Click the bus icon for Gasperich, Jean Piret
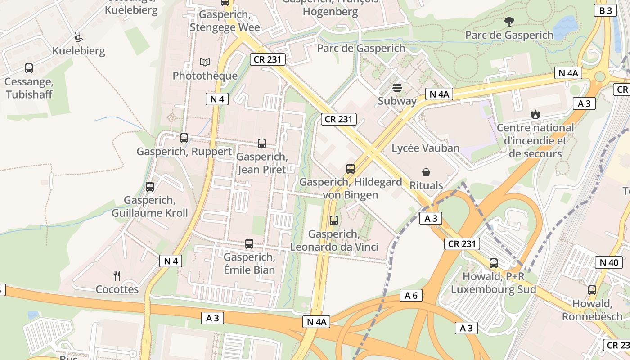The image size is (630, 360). pos(262,144)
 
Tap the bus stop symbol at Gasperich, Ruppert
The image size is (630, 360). pos(184,138)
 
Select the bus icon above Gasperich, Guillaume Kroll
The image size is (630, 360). pos(150,186)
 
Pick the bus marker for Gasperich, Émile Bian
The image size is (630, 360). pos(249,244)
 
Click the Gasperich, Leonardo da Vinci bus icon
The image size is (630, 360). pos(334,220)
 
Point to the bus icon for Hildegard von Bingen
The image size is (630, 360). pos(351,169)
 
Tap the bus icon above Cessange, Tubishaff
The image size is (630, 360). pos(29,68)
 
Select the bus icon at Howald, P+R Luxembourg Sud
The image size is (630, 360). pos(494,263)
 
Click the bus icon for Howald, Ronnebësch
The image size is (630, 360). pos(592,290)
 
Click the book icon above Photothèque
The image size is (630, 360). pos(205,62)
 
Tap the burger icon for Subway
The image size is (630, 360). pos(397,88)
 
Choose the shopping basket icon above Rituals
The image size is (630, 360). pos(426,172)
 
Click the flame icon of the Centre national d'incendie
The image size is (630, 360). pos(535,114)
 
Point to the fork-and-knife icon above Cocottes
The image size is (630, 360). pos(117,275)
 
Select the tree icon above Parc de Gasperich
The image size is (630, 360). pos(509,21)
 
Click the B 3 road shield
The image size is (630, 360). pos(605,11)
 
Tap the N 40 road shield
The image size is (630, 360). pos(609,262)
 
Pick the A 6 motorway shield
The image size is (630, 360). pos(411,296)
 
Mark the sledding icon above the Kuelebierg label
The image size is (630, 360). pos(78,37)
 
